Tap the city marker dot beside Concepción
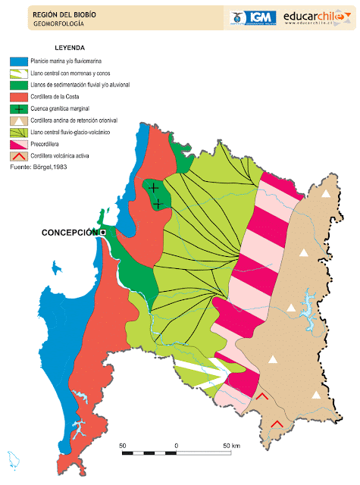(x=102, y=233)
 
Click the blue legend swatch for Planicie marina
(x=18, y=61)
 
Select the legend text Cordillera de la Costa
(x=60, y=97)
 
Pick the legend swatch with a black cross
(x=18, y=109)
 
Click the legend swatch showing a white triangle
(x=18, y=120)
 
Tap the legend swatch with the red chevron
(x=18, y=156)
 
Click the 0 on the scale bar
(x=176, y=444)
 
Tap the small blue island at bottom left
(x=13, y=459)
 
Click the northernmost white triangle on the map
(x=327, y=194)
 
